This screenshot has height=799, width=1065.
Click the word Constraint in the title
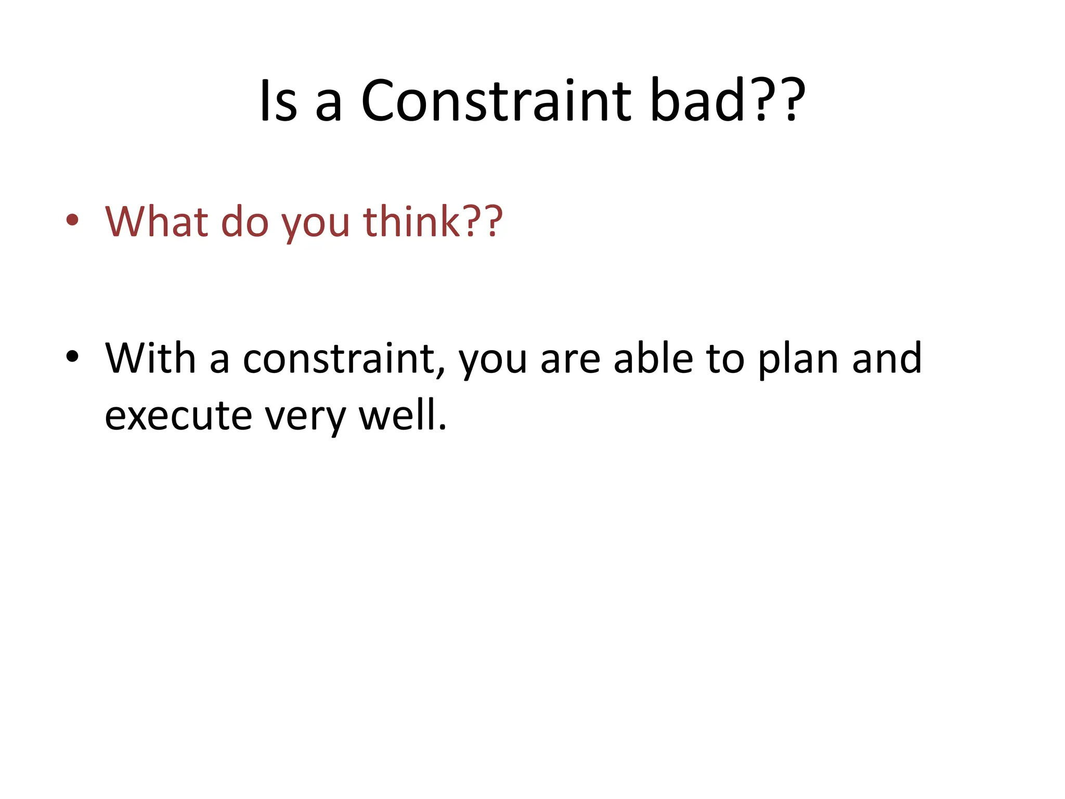(496, 101)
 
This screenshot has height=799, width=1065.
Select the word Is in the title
(278, 101)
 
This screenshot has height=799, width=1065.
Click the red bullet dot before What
(72, 220)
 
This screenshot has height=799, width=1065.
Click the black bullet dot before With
(72, 357)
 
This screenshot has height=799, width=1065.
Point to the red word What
(157, 222)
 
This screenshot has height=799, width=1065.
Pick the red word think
(411, 222)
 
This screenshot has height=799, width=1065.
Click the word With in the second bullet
(150, 358)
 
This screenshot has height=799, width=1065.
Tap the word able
(653, 358)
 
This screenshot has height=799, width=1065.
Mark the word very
(305, 419)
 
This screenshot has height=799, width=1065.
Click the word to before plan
(725, 359)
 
